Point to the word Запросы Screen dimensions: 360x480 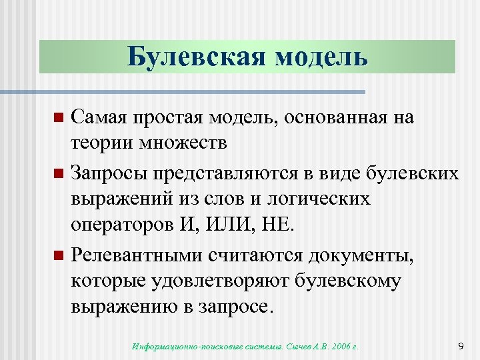tap(110, 173)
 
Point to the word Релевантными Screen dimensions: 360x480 tap(137, 255)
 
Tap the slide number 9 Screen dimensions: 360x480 tap(461, 346)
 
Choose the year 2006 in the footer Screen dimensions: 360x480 tap(341, 347)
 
